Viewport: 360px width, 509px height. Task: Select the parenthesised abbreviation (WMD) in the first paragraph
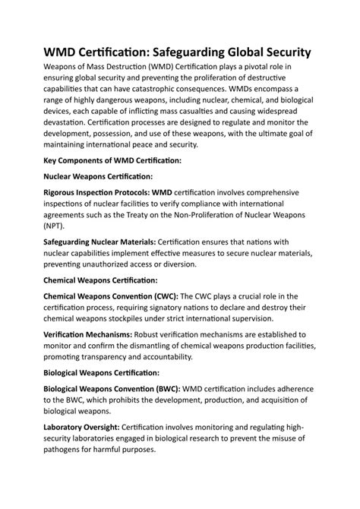(156, 76)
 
